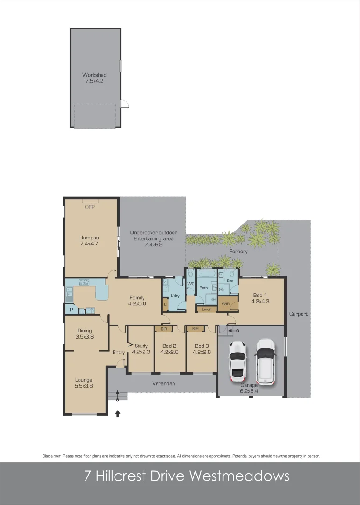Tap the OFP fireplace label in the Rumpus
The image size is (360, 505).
tap(90, 207)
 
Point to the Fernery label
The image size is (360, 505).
tap(238, 252)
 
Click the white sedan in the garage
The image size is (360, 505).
tap(237, 361)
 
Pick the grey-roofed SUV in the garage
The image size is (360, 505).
tap(266, 361)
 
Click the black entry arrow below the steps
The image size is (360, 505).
tap(117, 413)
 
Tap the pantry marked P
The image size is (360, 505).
tap(71, 310)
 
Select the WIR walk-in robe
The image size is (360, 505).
tap(226, 304)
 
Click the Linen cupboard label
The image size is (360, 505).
tap(207, 310)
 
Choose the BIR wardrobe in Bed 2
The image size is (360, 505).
tap(164, 329)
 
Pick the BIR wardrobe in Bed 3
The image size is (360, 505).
tap(195, 329)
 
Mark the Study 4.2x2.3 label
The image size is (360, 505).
tap(141, 349)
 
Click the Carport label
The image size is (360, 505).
tap(298, 314)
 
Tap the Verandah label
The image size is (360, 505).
tap(164, 383)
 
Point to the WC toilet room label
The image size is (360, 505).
tap(191, 284)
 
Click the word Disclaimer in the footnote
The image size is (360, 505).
tap(51, 456)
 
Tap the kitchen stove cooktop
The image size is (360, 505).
tap(85, 282)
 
